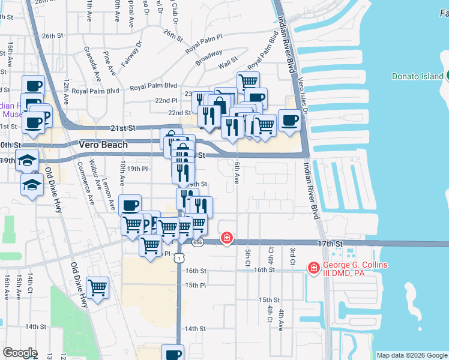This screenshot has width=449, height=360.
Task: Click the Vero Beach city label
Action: click(x=103, y=145)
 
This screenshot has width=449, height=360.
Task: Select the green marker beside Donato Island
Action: click(x=447, y=76)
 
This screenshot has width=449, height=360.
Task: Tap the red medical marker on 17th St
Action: click(x=227, y=238)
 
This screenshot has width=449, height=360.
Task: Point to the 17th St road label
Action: click(x=330, y=244)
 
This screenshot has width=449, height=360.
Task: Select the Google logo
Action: click(x=20, y=353)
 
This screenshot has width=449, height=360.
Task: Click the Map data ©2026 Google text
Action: click(x=411, y=355)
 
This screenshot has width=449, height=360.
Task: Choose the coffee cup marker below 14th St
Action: click(x=172, y=354)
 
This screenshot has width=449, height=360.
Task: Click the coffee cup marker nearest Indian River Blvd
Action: click(x=289, y=119)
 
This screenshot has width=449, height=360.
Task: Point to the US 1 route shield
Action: click(x=178, y=257)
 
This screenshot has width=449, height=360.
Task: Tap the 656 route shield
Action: click(x=198, y=242)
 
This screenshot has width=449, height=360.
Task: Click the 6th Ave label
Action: click(x=237, y=174)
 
